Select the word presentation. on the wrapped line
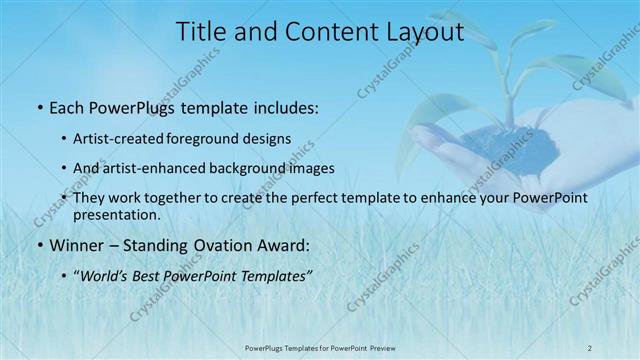(117, 214)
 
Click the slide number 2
(589, 347)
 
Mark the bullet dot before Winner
(39, 243)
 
